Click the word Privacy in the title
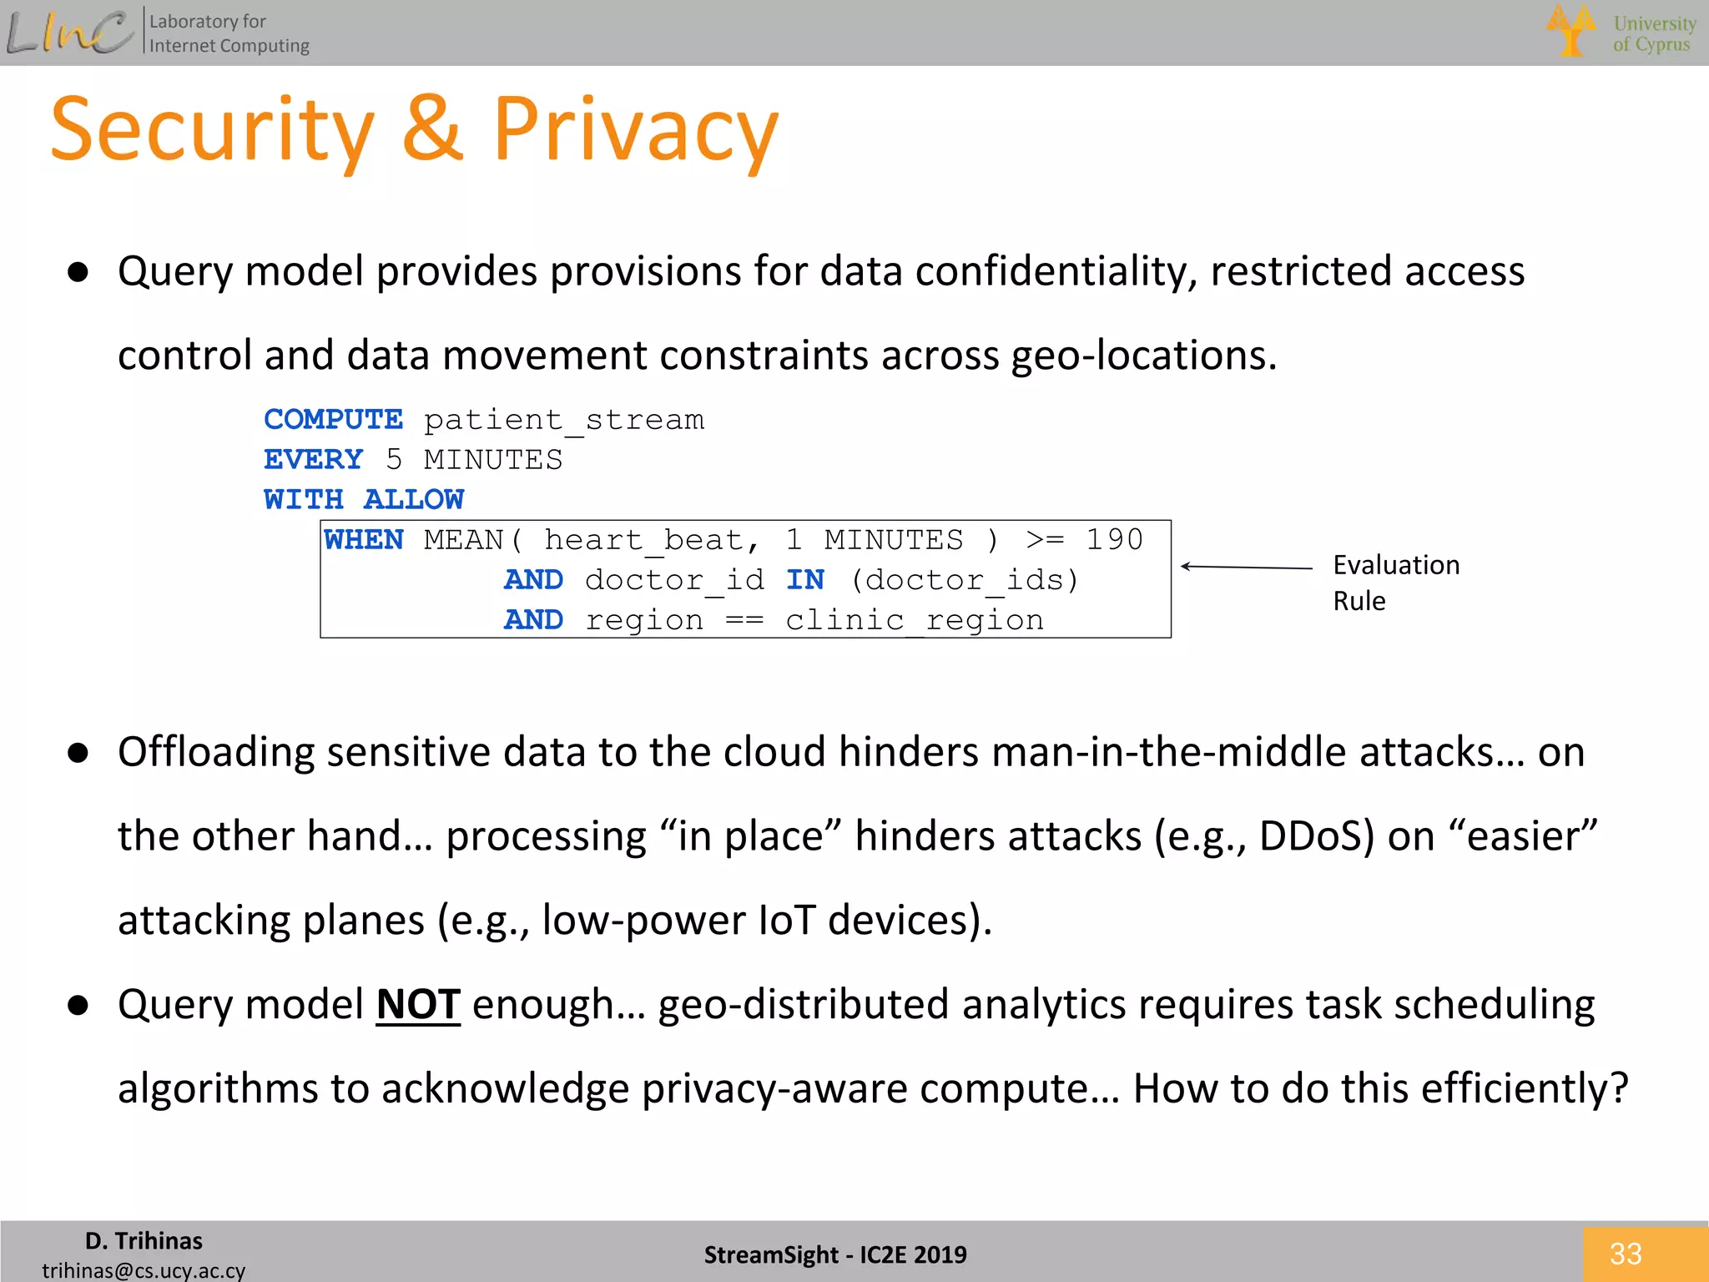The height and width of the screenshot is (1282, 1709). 636,132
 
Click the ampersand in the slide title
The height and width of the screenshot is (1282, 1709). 432,130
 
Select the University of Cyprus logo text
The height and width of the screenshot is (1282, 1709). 1654,33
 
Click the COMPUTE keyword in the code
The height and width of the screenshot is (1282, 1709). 333,419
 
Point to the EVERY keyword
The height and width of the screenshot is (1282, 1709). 313,459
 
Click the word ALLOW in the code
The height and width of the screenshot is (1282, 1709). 414,499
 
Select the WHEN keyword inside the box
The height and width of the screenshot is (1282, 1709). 364,540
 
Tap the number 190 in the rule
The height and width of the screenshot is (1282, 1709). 1114,540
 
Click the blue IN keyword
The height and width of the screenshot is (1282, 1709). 805,580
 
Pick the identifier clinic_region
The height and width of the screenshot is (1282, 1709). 915,620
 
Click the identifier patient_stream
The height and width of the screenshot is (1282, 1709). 564,419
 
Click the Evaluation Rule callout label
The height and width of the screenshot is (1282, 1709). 1395,583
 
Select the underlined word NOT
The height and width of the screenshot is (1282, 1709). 418,1004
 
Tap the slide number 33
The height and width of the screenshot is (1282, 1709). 1626,1254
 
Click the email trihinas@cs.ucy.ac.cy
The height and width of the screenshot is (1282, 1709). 144,1270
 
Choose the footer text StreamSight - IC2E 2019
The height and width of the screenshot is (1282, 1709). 835,1254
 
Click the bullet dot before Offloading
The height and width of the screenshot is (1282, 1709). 78,753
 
